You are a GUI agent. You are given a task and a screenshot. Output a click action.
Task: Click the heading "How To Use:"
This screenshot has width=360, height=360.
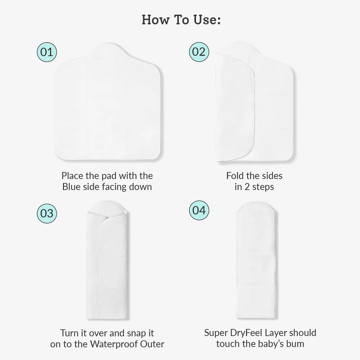(x=181, y=20)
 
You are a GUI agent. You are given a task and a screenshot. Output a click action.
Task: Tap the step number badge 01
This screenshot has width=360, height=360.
(x=47, y=52)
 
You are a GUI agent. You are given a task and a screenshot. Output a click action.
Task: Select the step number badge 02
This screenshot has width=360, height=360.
(x=199, y=52)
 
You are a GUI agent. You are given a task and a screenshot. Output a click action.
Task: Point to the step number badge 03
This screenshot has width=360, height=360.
(x=47, y=213)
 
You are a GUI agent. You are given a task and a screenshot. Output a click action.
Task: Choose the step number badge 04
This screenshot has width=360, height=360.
(x=199, y=210)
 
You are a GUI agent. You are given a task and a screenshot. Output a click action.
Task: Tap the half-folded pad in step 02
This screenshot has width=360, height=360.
(x=254, y=107)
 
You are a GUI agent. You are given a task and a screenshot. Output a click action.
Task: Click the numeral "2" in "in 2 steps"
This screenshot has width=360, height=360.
(x=247, y=187)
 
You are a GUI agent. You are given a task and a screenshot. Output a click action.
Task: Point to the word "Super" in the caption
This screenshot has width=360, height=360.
(x=216, y=333)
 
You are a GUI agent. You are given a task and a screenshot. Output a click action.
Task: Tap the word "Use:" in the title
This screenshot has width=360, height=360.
(x=206, y=20)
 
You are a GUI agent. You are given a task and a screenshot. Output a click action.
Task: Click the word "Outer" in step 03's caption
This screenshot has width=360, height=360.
(x=153, y=344)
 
